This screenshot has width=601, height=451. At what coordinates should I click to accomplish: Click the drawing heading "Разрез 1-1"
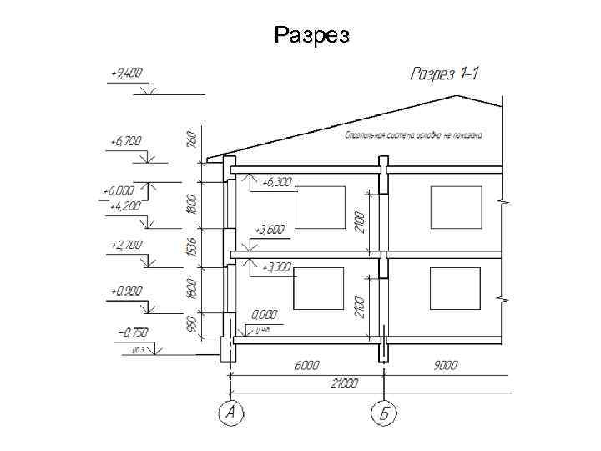(445, 74)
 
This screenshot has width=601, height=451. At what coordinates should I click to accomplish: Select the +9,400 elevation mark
(127, 73)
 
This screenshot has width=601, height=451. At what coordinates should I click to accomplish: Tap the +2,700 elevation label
(126, 246)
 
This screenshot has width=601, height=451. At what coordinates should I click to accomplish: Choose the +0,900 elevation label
(126, 291)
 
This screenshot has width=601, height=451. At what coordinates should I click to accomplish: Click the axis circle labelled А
(231, 412)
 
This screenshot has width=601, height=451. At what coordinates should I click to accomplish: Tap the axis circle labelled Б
(384, 412)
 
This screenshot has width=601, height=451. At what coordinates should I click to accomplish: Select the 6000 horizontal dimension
(305, 365)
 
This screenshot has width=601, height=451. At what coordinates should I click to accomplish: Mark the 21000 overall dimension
(342, 383)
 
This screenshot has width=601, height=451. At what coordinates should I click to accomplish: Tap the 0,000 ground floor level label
(265, 315)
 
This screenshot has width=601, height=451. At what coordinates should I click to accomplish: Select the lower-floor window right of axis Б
(455, 289)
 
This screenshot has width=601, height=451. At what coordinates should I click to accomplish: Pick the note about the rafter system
(415, 134)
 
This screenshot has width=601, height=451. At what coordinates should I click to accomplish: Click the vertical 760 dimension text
(191, 139)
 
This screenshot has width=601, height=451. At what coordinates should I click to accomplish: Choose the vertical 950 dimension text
(191, 323)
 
